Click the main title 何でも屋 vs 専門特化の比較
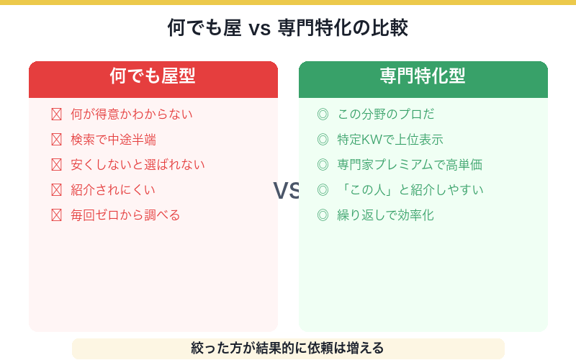(288, 28)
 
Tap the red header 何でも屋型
(153, 76)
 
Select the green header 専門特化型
(423, 76)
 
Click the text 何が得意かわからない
(132, 114)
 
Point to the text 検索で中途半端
(113, 140)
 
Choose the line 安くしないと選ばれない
(138, 165)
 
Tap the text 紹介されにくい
(113, 190)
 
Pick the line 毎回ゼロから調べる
(125, 215)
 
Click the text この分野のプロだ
(386, 114)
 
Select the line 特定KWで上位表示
(390, 140)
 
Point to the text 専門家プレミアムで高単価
(410, 165)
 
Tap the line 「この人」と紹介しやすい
(410, 190)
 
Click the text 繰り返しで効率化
(386, 215)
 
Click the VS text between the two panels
(287, 190)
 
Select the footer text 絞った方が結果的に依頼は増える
(288, 348)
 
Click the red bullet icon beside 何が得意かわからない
(57, 114)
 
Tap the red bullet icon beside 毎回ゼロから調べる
(57, 215)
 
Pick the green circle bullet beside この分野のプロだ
(323, 114)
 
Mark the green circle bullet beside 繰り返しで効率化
(323, 215)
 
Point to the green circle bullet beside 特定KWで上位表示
(323, 140)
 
